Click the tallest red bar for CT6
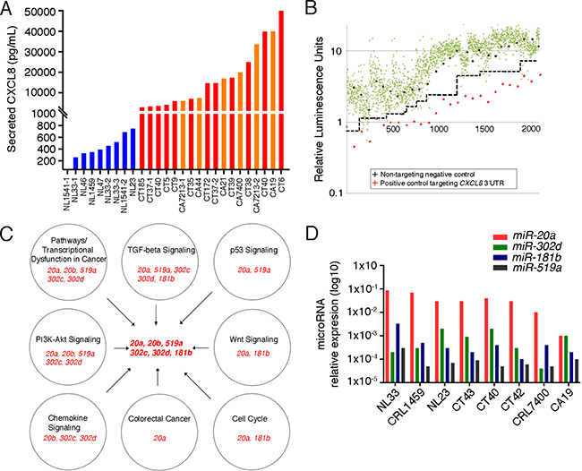point(283,90)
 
